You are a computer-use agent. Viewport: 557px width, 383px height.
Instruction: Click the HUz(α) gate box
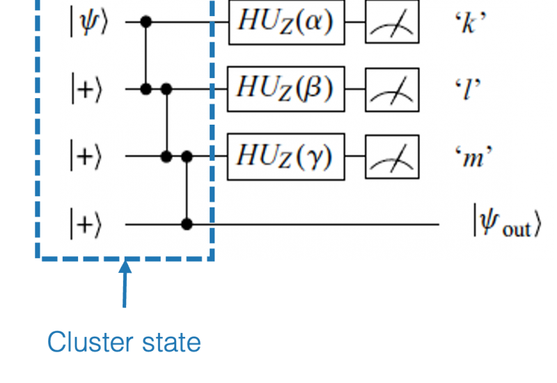287,22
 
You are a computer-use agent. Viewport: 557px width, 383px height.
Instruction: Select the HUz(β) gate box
286,89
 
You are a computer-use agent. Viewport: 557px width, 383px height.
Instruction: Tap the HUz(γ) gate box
286,157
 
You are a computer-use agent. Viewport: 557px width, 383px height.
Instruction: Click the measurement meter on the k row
392,22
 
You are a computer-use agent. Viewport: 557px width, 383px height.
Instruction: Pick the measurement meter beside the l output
392,90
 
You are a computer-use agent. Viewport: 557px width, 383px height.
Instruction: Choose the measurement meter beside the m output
392,157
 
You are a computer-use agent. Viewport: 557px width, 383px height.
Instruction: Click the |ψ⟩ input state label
89,23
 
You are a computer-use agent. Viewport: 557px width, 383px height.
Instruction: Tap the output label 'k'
471,23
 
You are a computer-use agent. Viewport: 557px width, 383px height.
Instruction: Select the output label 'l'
468,89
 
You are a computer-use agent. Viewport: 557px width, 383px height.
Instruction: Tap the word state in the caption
171,343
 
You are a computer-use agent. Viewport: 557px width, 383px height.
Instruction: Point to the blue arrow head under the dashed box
125,267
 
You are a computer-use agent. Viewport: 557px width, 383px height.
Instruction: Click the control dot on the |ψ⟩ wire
146,22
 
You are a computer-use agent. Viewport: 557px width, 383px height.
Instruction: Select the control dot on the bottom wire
187,224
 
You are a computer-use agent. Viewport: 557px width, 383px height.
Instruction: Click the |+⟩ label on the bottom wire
86,224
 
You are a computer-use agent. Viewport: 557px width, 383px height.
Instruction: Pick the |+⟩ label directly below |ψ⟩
86,89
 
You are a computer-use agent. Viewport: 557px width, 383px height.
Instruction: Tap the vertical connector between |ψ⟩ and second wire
146,56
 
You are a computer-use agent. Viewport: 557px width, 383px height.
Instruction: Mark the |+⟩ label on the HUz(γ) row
86,156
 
